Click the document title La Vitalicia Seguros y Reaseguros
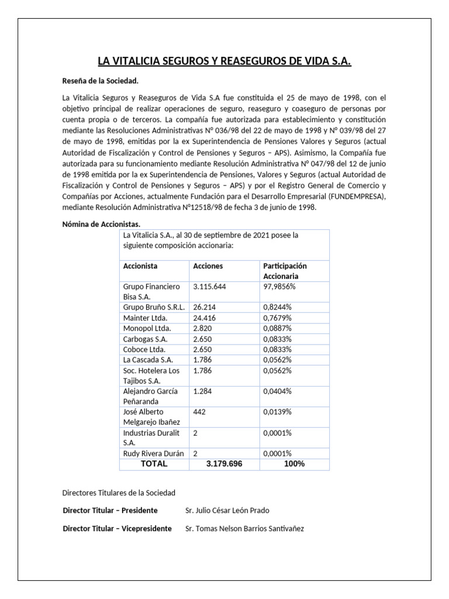(x=224, y=61)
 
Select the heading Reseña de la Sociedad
(x=101, y=81)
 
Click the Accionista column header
(x=140, y=266)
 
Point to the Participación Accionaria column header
(x=285, y=271)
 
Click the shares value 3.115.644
(x=209, y=287)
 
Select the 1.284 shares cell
(x=203, y=391)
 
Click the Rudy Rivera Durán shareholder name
(x=154, y=453)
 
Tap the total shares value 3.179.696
(x=224, y=464)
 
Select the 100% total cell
(x=295, y=464)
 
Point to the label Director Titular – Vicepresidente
(x=117, y=528)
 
